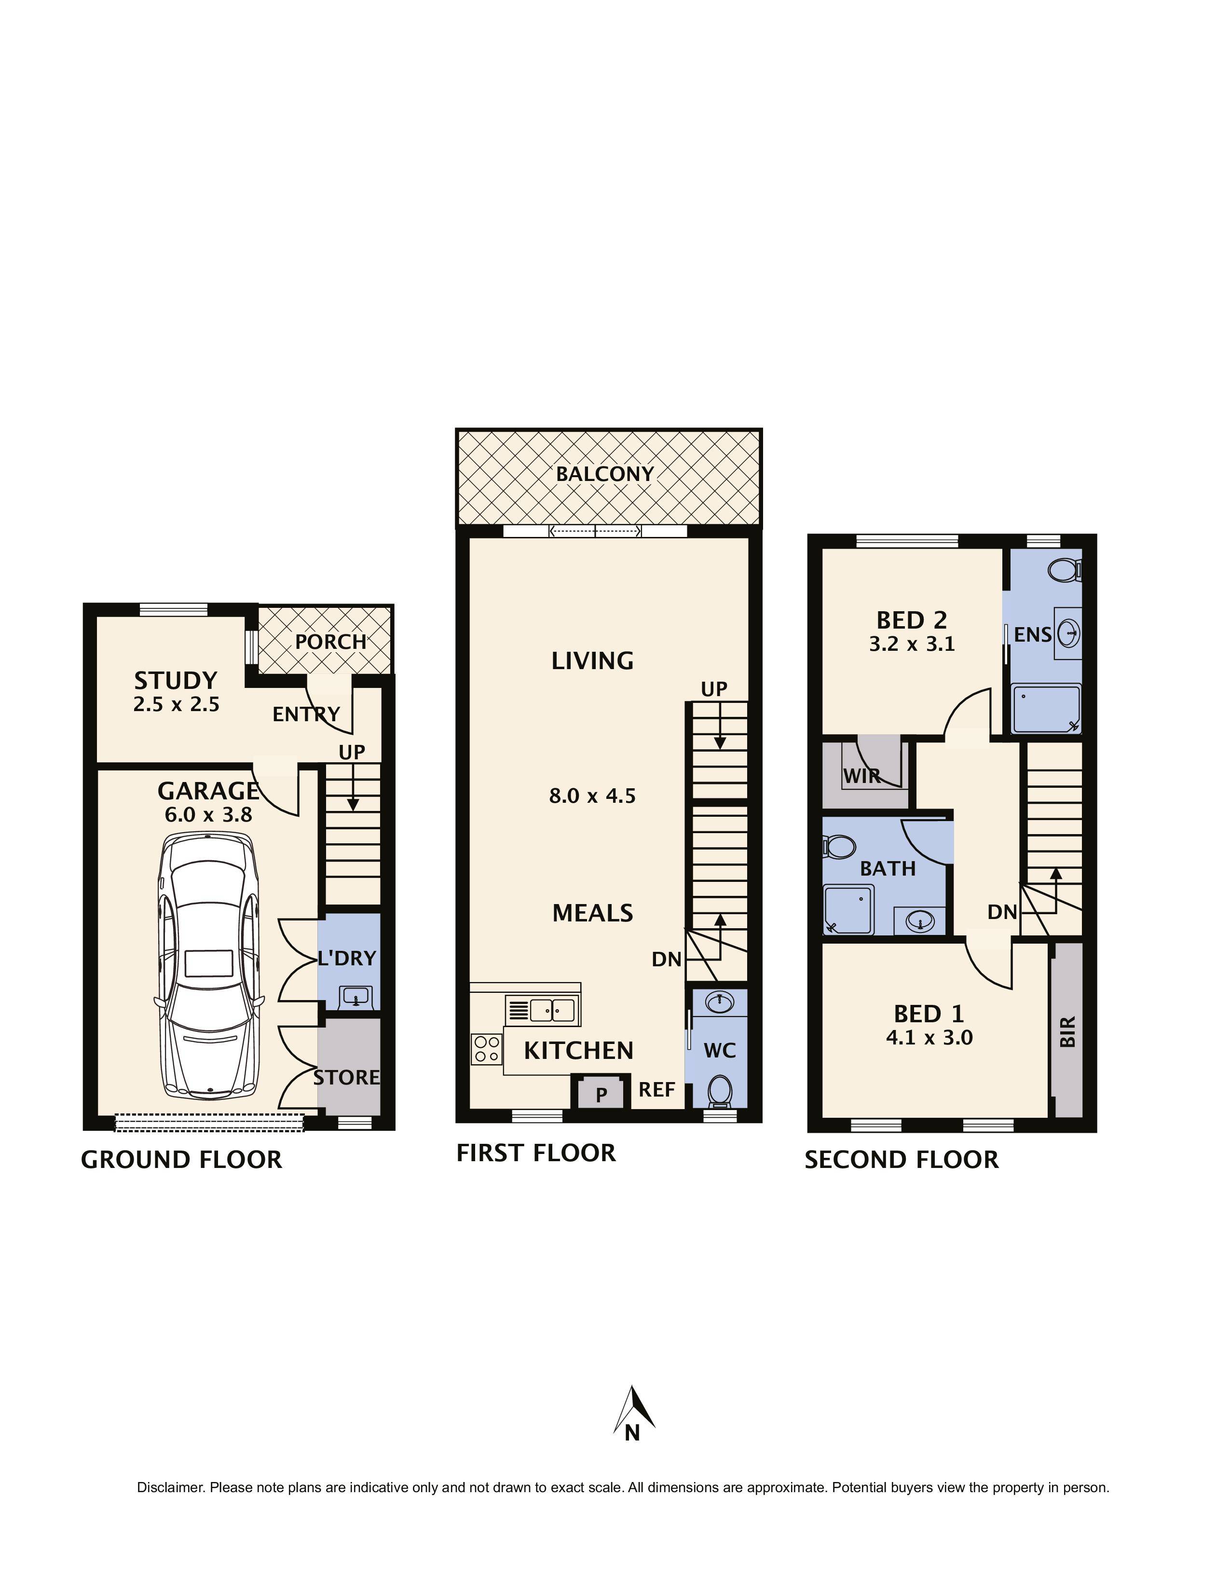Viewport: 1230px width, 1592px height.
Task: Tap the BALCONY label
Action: coord(605,474)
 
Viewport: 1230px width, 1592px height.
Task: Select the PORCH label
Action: coord(330,642)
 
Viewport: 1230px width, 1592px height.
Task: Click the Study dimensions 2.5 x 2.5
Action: coord(177,704)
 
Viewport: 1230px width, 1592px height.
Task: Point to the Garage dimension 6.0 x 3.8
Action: coord(208,814)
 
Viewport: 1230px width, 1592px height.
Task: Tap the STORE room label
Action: coord(347,1077)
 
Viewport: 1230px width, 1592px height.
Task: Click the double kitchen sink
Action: coord(552,1010)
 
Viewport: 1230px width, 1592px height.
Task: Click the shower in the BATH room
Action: coord(848,909)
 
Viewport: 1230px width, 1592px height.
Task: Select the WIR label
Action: coord(862,776)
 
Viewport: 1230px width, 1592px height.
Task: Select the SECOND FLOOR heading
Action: coord(902,1160)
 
